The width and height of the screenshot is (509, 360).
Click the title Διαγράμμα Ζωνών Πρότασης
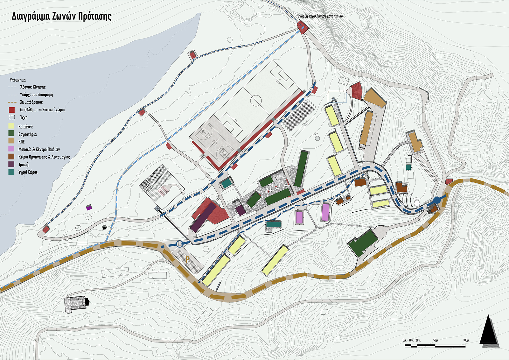coord(61,17)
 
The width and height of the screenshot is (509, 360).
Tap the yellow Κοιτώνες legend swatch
coord(12,126)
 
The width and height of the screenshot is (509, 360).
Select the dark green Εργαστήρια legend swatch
coord(12,134)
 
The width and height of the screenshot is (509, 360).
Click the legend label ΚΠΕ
coord(22,142)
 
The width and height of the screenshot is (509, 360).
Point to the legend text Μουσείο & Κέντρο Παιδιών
coord(39,149)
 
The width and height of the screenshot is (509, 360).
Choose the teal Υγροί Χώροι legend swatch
coord(12,172)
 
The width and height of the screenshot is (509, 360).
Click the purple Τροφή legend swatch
coord(12,164)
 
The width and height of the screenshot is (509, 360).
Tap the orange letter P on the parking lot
coord(188,260)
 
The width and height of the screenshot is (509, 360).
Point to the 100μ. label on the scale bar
coord(466,340)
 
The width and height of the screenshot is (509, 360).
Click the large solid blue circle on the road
coord(437,200)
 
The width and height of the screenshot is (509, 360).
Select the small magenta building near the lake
coord(89,208)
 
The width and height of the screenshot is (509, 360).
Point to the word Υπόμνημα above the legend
coord(17,80)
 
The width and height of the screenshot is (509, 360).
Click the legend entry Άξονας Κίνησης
coord(32,87)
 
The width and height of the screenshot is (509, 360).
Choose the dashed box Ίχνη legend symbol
coord(12,117)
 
